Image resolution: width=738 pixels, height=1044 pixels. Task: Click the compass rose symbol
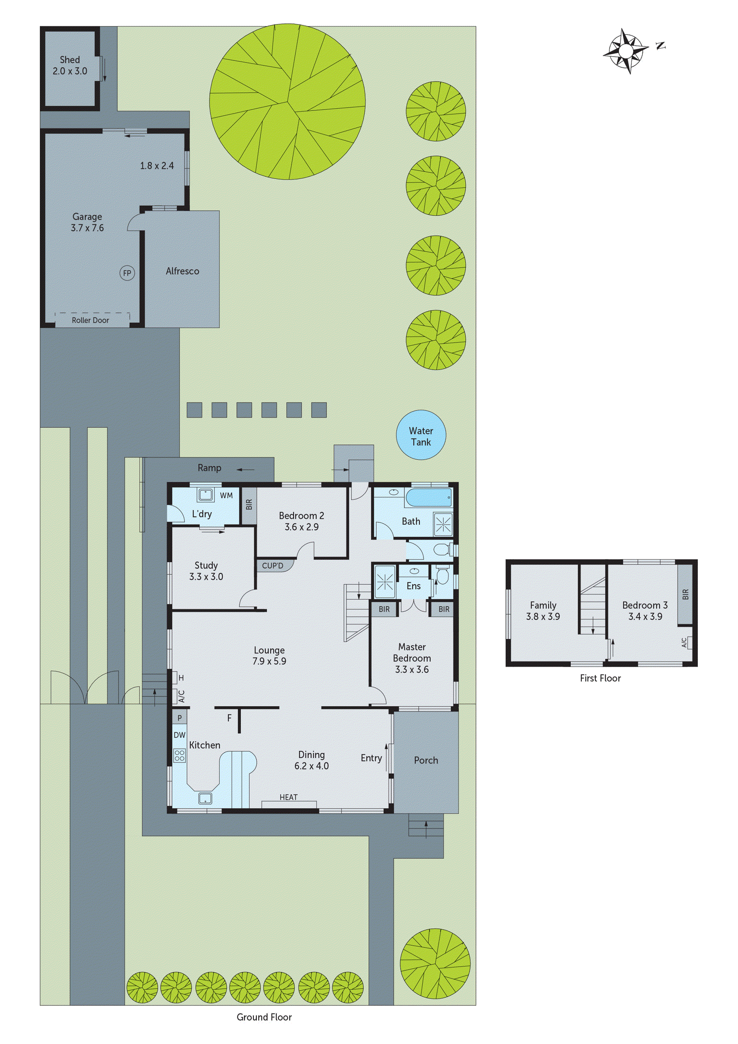[626, 51]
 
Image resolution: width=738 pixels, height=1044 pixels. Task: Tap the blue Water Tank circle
[421, 435]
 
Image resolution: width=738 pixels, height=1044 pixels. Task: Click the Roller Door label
[90, 320]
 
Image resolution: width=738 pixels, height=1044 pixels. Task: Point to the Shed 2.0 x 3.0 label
[70, 66]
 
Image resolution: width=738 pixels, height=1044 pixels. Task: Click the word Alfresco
[182, 271]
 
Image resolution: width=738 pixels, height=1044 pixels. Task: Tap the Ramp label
[209, 468]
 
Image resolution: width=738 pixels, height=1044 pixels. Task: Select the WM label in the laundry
[226, 496]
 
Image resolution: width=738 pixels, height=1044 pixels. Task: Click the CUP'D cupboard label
[272, 565]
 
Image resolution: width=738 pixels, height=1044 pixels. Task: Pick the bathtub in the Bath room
[428, 498]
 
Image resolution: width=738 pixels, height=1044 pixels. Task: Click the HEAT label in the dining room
[288, 797]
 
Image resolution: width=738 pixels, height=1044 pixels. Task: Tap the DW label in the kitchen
[180, 735]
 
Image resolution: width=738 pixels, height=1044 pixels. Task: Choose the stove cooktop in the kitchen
[180, 756]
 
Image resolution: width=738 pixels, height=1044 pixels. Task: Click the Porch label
[426, 760]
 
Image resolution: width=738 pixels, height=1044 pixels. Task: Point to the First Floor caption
[600, 678]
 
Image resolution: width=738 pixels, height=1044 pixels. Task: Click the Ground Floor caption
[264, 1017]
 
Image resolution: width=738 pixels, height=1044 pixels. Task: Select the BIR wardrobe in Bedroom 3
[685, 594]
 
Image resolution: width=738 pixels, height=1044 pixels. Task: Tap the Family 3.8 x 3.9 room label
[542, 611]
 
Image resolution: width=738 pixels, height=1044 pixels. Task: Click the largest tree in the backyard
[287, 101]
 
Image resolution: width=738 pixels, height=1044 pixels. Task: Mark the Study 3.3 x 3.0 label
[206, 571]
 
